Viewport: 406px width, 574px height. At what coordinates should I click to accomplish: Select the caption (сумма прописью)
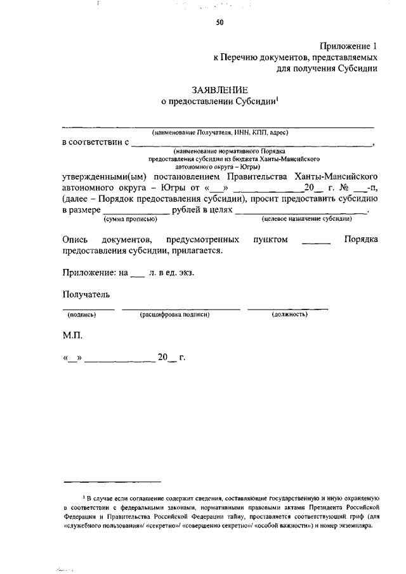tap(130, 219)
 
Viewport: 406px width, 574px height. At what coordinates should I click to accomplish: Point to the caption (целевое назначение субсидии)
tap(307, 219)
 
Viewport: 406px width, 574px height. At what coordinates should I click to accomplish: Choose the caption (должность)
tap(289, 315)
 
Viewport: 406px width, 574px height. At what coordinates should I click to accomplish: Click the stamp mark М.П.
tap(73, 334)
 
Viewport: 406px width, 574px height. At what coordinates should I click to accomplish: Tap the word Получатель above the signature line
tap(86, 294)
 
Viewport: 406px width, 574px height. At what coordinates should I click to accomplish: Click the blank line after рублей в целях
tap(302, 211)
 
